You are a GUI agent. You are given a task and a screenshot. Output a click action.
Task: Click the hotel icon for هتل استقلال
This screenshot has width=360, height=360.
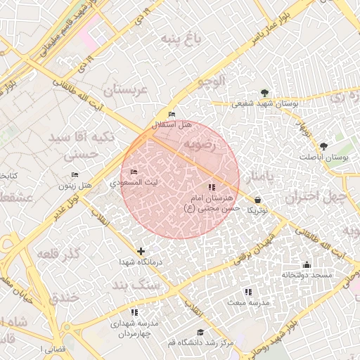[172, 114]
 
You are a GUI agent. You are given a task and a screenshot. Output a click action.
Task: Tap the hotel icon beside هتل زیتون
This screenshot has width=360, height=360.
[75, 174]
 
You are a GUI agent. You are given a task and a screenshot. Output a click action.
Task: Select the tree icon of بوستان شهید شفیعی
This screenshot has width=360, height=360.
[264, 93]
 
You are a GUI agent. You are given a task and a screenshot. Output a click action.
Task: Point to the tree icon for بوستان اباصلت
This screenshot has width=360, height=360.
[323, 146]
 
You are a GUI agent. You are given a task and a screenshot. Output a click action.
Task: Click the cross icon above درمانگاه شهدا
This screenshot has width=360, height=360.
[141, 251]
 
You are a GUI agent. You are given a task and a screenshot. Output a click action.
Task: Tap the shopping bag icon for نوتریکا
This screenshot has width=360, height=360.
[258, 200]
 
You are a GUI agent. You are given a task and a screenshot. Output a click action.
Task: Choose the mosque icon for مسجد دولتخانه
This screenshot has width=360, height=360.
[306, 265]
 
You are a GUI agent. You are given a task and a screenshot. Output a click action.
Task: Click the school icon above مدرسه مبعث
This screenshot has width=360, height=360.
[247, 291]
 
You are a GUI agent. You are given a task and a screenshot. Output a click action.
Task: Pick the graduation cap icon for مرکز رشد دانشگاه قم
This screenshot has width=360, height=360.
[200, 332]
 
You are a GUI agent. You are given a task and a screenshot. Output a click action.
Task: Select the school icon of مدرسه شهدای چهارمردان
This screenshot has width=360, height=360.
[134, 311]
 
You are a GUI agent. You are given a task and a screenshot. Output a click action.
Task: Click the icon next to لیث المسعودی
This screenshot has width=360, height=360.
[134, 172]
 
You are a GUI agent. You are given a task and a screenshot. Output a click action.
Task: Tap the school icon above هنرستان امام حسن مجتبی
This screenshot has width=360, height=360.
[212, 187]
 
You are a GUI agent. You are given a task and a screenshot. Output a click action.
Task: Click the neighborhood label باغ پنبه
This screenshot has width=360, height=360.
[181, 37]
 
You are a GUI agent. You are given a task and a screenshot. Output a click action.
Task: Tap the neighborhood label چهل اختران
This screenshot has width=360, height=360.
[316, 196]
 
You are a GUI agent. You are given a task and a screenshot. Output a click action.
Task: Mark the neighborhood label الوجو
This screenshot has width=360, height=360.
[212, 82]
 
